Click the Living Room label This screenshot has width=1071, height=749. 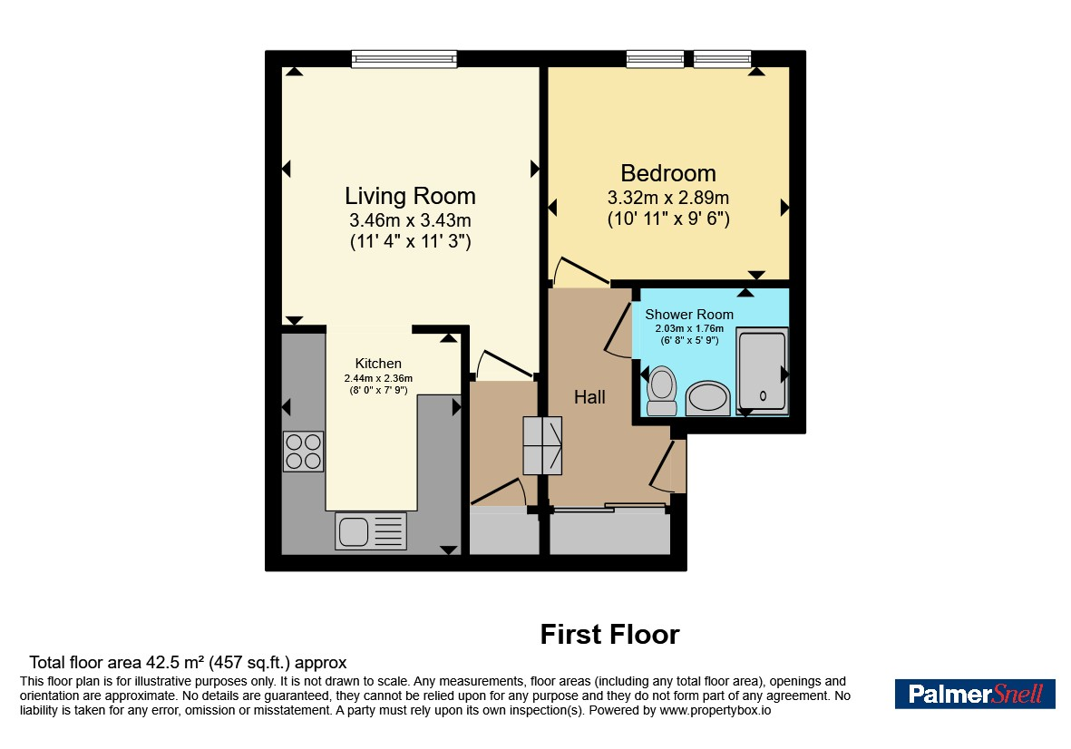(410, 196)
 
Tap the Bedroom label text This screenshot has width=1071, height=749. (668, 172)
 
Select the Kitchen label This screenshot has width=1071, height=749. (378, 364)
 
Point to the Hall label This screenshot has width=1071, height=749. (589, 396)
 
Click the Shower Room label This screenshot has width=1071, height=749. (689, 314)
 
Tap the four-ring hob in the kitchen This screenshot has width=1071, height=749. (303, 452)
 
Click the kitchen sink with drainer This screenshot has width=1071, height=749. (371, 531)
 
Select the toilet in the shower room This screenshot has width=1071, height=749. (661, 391)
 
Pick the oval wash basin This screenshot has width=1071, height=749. (707, 398)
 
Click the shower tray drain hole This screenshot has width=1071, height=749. (763, 396)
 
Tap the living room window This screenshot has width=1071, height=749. (404, 60)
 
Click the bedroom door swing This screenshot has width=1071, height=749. (579, 271)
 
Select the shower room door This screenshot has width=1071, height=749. (618, 330)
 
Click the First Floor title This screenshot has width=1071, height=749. (610, 635)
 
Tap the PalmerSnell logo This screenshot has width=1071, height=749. (975, 694)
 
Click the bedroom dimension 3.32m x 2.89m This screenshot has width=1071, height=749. (668, 198)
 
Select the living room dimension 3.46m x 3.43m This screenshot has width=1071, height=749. (410, 220)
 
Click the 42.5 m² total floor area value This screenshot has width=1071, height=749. (176, 662)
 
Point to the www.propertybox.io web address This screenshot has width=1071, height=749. (716, 710)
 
